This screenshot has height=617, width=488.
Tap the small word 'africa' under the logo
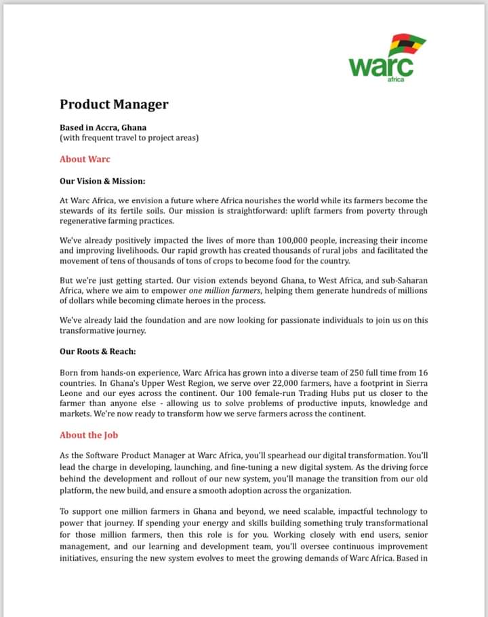tap(396, 80)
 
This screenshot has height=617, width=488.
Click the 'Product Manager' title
tap(114, 104)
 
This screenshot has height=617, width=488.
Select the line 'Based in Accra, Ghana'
tap(103, 127)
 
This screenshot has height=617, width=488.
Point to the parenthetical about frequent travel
tap(129, 138)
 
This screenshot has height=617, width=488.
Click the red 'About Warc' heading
tap(85, 159)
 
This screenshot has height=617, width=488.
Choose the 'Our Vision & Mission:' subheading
tap(102, 181)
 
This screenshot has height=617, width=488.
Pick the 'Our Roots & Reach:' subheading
tap(98, 351)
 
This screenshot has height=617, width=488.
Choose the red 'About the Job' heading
tap(89, 435)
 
